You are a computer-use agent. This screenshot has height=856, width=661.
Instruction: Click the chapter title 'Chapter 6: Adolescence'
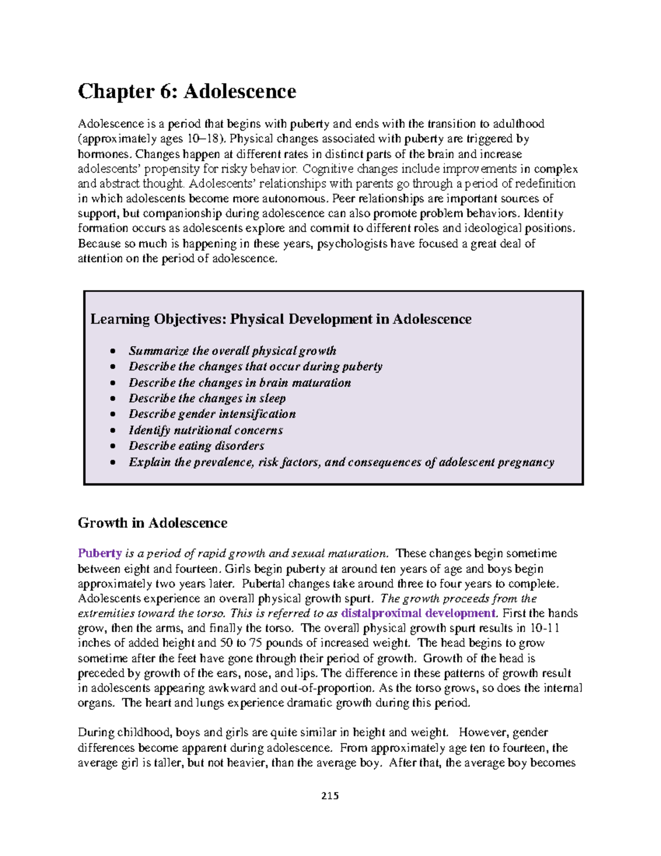click(187, 91)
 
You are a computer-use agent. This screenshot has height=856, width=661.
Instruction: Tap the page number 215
click(330, 796)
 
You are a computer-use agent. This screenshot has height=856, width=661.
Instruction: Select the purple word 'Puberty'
click(100, 553)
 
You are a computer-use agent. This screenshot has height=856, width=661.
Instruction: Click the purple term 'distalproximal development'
click(419, 613)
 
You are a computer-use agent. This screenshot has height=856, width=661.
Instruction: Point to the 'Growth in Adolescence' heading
click(153, 523)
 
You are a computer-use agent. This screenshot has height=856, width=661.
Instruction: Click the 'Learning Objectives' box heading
click(280, 319)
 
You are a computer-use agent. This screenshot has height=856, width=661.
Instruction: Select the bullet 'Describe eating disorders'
click(196, 446)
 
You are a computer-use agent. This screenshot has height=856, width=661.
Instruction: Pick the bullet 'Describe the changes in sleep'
click(207, 399)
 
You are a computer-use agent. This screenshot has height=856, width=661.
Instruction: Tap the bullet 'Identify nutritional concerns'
click(205, 430)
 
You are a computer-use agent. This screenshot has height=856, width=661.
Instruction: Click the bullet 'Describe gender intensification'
click(212, 414)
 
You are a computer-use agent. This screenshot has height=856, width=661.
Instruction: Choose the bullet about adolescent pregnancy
click(341, 462)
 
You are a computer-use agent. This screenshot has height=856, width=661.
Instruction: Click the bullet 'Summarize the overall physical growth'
click(232, 351)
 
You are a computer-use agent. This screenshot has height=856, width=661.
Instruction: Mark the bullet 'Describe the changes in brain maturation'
click(240, 383)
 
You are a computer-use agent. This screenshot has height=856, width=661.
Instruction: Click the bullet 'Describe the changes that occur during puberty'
click(256, 367)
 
